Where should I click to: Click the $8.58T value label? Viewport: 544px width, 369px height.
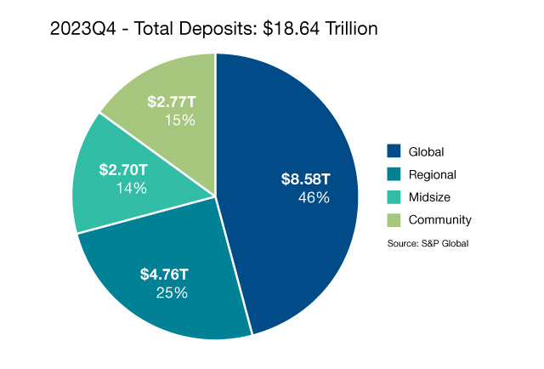[x=306, y=179]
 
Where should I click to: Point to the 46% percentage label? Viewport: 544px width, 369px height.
[x=314, y=197]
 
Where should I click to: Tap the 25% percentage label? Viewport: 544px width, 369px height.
[x=172, y=292]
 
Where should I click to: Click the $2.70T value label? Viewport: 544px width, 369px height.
[x=124, y=170]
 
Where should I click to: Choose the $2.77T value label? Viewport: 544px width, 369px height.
[x=173, y=102]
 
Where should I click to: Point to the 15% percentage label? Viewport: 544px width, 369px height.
[x=180, y=120]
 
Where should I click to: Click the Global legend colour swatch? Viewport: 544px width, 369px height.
[x=394, y=151]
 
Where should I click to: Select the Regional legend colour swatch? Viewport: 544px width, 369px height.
[x=394, y=174]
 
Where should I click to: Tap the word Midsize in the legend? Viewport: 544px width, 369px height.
[x=429, y=197]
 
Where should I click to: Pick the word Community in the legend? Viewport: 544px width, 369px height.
[x=439, y=220]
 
